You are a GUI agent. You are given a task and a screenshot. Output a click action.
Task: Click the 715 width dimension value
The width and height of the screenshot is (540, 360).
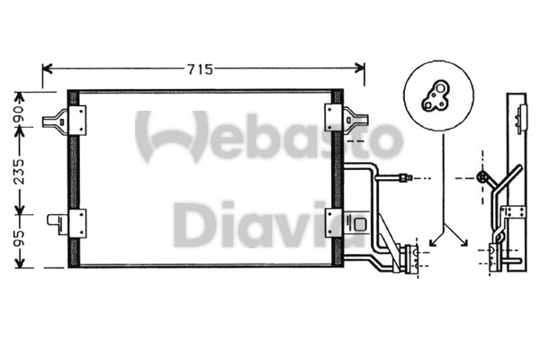pyautogui.click(x=200, y=69)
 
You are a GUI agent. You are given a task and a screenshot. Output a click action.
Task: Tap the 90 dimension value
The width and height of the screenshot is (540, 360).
pyautogui.click(x=20, y=114)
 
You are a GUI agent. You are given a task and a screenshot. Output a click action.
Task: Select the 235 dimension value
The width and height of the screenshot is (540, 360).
pyautogui.click(x=20, y=171)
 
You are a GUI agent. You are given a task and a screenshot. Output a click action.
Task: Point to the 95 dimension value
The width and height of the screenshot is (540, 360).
pyautogui.click(x=20, y=238)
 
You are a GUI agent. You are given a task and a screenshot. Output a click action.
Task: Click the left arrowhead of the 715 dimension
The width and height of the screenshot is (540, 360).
pyautogui.click(x=47, y=68)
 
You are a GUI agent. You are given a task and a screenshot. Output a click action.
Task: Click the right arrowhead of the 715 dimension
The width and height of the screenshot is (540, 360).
pyautogui.click(x=359, y=68)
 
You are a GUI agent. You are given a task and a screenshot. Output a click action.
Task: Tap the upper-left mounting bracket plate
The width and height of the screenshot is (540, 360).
pyautogui.click(x=77, y=121)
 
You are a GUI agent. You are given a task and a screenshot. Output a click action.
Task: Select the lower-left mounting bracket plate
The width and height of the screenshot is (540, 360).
pyautogui.click(x=77, y=223)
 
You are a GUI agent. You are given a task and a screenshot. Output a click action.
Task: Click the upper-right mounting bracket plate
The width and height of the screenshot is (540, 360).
pyautogui.click(x=333, y=118)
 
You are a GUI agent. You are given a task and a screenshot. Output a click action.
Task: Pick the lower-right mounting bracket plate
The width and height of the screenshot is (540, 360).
pyautogui.click(x=333, y=223)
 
